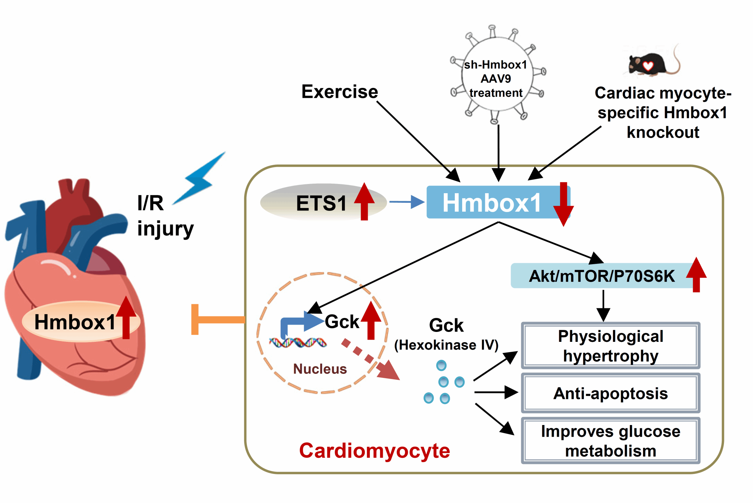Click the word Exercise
(339, 92)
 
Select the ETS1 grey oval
(316, 203)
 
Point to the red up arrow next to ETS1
(364, 201)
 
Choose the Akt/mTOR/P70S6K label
(602, 276)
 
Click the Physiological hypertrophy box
(610, 346)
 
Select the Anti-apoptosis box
(610, 393)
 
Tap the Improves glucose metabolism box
(610, 441)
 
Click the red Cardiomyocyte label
(374, 450)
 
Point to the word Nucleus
(320, 369)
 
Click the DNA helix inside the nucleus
(298, 343)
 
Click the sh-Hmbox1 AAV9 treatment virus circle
(496, 75)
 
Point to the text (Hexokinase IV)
(446, 345)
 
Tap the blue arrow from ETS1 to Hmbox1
(407, 202)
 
